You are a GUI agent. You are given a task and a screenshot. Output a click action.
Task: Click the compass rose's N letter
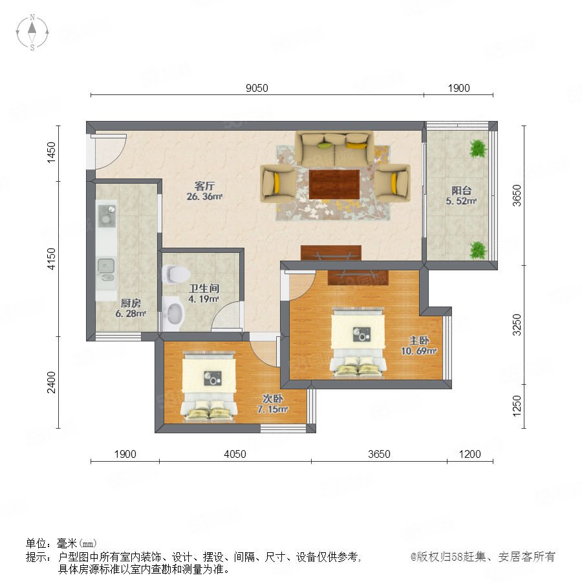[32, 17]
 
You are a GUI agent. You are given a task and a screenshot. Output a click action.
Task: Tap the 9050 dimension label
[257, 88]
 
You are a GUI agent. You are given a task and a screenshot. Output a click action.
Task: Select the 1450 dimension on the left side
[51, 152]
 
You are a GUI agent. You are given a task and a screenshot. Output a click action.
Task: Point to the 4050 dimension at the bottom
[235, 454]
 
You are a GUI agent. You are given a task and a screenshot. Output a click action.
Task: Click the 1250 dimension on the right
[517, 406]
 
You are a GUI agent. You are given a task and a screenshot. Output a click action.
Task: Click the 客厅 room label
[204, 186]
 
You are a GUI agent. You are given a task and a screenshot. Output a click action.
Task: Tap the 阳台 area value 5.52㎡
[461, 201]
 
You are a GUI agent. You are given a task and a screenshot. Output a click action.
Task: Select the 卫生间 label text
[204, 288]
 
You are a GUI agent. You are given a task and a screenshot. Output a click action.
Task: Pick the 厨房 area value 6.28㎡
[130, 313]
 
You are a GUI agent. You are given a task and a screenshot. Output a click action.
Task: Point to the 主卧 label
[419, 340]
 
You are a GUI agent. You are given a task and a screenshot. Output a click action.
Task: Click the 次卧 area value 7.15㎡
[273, 409]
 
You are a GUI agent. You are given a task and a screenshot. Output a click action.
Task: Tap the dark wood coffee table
[334, 184]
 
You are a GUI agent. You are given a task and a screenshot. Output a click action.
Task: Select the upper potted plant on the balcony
[478, 149]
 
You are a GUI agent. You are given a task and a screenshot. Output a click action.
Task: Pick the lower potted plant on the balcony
[478, 250]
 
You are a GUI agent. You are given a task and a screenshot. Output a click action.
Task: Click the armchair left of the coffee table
[278, 184]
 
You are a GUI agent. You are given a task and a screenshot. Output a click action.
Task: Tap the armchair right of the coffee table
[393, 184]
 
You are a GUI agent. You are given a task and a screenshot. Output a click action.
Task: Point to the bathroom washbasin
[174, 313]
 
